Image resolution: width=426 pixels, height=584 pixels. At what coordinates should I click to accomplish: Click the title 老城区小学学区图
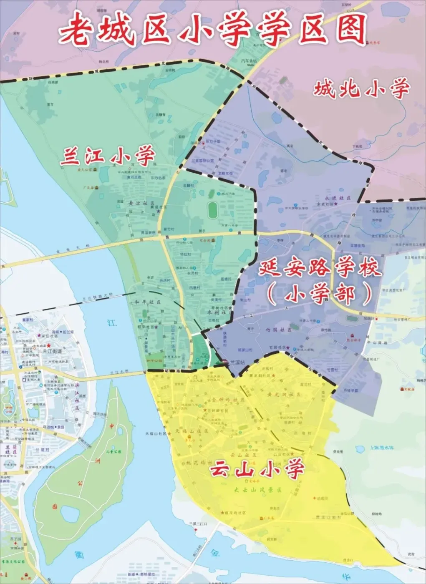(213, 29)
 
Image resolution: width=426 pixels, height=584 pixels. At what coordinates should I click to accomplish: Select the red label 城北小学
(361, 88)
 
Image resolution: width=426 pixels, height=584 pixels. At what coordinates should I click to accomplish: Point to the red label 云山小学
(256, 469)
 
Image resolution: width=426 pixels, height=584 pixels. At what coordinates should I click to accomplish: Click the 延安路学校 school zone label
(320, 267)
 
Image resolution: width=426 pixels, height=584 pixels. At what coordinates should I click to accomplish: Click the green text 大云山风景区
(257, 490)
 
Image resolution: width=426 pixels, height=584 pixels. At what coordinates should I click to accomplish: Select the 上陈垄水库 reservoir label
(381, 448)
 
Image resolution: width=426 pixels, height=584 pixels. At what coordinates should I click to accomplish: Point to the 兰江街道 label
(52, 352)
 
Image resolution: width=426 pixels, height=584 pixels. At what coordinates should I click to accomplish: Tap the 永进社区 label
(338, 198)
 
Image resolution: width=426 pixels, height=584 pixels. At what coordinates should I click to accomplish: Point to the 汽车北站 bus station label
(249, 61)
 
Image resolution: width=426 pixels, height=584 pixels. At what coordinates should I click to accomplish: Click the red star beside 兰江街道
(49, 346)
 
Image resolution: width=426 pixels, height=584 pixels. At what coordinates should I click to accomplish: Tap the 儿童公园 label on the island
(113, 451)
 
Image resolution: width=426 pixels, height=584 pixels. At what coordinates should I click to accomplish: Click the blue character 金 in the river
(215, 553)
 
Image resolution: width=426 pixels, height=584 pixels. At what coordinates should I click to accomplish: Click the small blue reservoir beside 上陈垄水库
(360, 449)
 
